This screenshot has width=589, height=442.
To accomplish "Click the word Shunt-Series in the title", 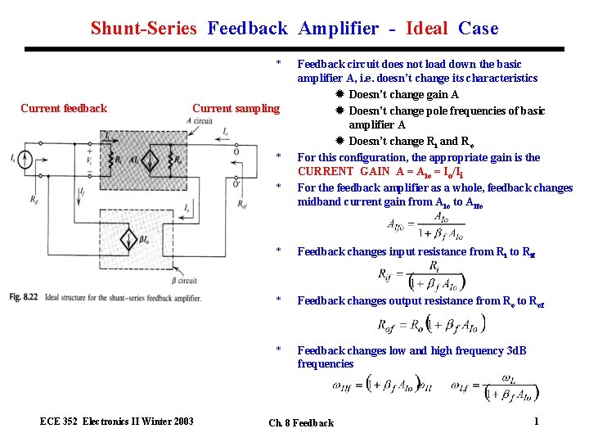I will coord(143,29).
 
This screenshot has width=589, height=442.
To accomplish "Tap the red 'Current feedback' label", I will coord(64,108).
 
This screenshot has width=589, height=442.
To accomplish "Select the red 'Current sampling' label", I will coord(236,108).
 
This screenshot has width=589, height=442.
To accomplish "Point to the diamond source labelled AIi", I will coord(151,160).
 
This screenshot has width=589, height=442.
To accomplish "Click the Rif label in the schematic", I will coord(34,199).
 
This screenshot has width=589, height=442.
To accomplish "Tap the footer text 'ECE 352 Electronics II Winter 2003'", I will coord(117,421).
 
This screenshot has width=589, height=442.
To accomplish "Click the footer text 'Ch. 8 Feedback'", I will coord(301,423).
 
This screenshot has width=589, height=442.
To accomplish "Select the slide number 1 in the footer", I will coord(535,421).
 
